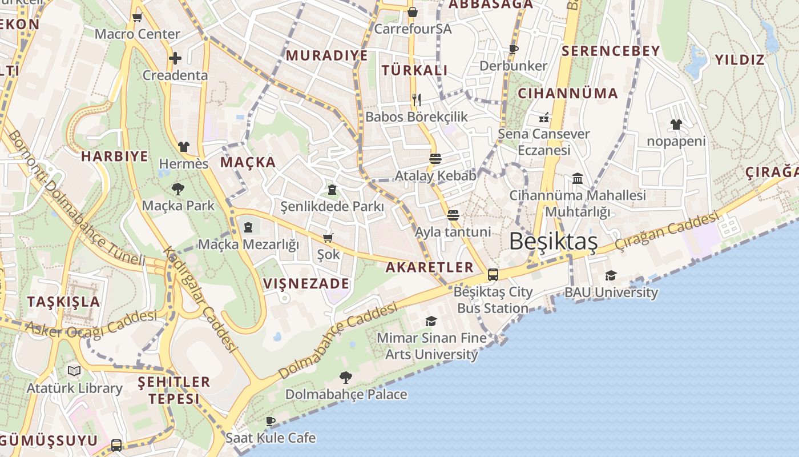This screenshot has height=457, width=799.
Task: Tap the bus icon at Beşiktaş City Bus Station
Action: coord(493,275)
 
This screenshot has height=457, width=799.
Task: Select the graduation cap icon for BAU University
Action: coord(611,276)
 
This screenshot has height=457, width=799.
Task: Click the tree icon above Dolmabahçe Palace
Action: coord(345,377)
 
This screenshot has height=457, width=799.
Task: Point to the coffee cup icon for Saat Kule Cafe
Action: coord(271,422)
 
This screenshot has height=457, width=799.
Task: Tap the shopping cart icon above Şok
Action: coord(328,238)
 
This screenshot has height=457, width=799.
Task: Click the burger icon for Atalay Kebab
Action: coord(435,158)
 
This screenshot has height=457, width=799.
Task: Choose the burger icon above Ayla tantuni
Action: coord(453,215)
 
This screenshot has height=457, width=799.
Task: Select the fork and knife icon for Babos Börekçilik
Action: coord(417,100)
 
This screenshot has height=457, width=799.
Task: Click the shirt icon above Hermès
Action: coord(183,147)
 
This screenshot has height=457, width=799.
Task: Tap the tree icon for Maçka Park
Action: coord(178,189)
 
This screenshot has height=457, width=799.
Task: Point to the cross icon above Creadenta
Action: coord(175,58)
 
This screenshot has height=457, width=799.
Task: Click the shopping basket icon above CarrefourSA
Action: coord(413,11)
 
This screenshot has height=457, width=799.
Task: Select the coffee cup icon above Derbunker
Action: coord(513,49)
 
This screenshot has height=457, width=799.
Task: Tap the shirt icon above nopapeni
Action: coord(676,124)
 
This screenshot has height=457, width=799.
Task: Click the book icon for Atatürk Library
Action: coord(74,371)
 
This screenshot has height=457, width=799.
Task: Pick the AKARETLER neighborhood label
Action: coord(429,267)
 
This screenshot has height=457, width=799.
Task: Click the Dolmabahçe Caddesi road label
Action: coord(338,341)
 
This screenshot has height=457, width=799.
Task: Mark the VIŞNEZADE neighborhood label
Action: coord(306,283)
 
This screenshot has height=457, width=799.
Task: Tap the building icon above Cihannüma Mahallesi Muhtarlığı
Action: coord(578,179)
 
